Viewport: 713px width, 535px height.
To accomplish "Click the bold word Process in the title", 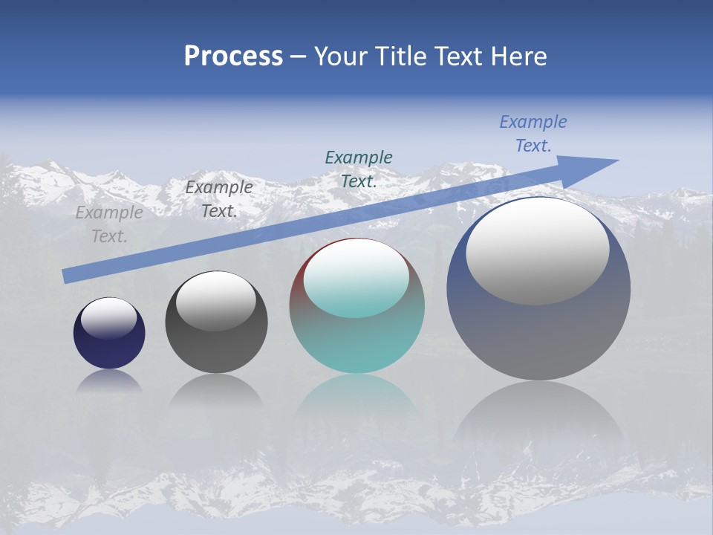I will click(x=233, y=56).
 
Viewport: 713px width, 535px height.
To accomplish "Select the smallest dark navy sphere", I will click(x=109, y=349).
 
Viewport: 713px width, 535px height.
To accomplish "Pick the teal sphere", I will click(x=356, y=342).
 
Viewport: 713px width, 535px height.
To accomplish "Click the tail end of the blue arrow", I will click(x=67, y=276).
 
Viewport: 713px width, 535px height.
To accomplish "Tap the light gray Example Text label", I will click(x=109, y=224).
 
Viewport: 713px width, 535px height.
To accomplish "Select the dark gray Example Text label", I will click(x=219, y=199).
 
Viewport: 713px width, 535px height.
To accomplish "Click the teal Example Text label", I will click(x=359, y=169).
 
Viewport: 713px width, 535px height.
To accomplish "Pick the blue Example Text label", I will click(x=533, y=133).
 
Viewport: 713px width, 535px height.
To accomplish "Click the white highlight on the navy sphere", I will click(x=108, y=317).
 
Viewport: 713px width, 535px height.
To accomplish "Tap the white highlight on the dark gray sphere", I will click(x=216, y=300).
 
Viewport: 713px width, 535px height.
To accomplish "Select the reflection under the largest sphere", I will click(x=538, y=416).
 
